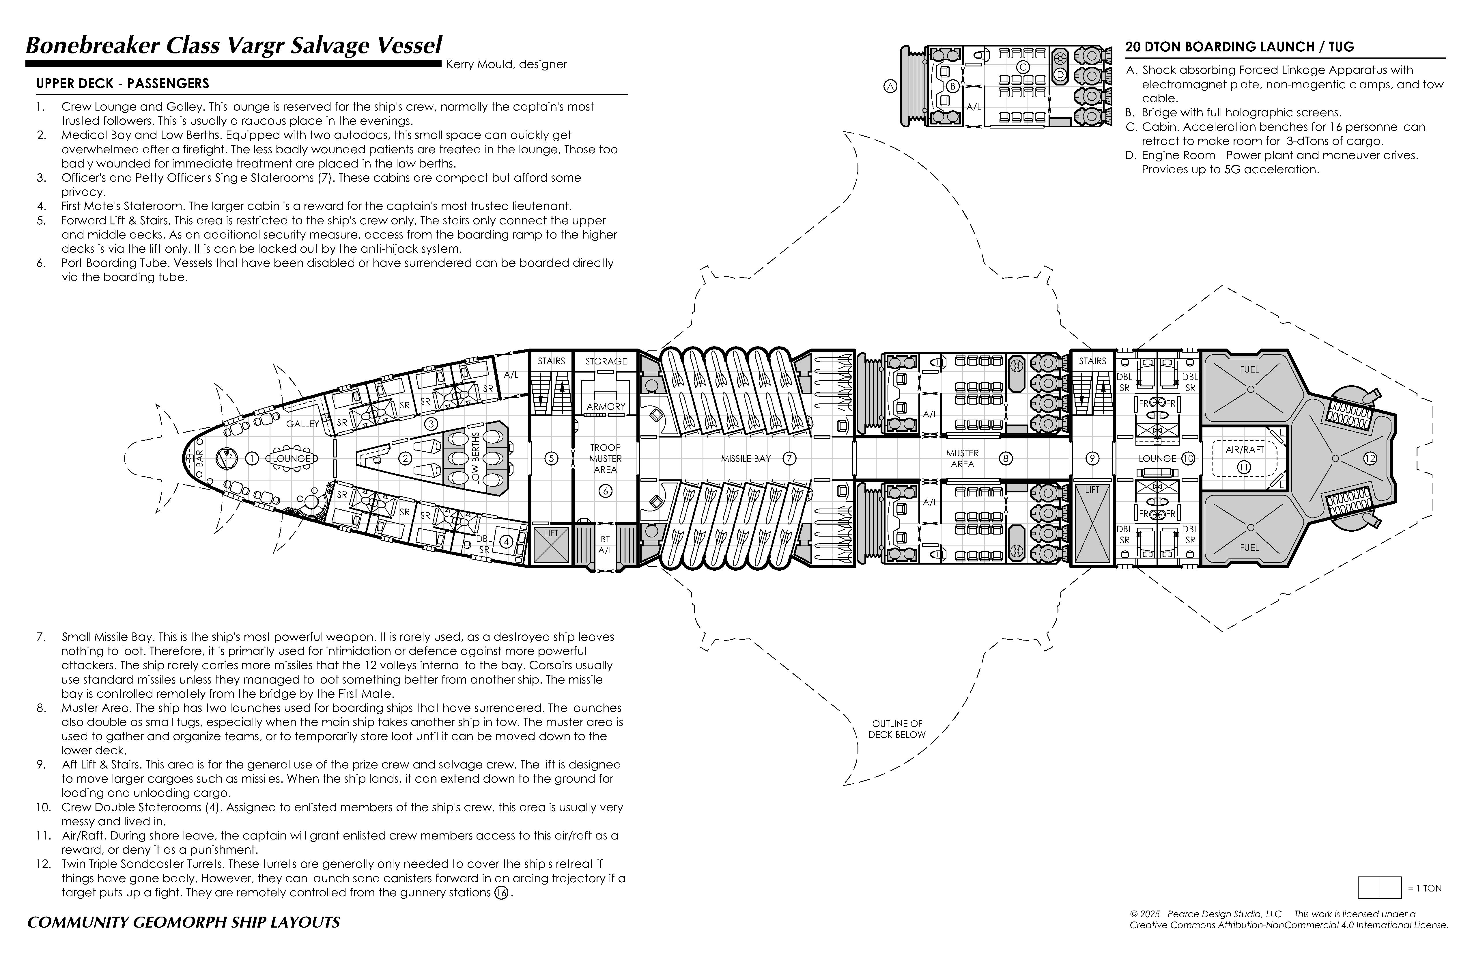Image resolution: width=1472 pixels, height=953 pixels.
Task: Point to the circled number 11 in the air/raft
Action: pyautogui.click(x=1244, y=467)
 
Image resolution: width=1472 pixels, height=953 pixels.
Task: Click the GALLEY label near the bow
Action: pyautogui.click(x=302, y=424)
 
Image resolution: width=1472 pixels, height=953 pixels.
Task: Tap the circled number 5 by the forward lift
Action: pyautogui.click(x=551, y=459)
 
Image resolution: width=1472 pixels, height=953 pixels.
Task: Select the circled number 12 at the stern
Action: pyautogui.click(x=1370, y=459)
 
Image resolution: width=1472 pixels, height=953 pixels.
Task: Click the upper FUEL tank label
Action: pyautogui.click(x=1249, y=369)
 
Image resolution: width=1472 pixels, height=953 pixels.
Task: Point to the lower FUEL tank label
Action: pyautogui.click(x=1249, y=548)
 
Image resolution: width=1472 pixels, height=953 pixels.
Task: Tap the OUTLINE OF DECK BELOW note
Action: pyautogui.click(x=897, y=729)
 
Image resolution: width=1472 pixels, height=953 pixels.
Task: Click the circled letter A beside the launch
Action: pyautogui.click(x=890, y=87)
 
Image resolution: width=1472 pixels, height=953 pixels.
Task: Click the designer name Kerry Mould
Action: pyautogui.click(x=506, y=64)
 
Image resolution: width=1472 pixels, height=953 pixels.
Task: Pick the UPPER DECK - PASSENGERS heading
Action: pyautogui.click(x=122, y=83)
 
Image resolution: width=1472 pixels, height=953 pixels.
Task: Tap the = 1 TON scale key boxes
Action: pyautogui.click(x=1379, y=887)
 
